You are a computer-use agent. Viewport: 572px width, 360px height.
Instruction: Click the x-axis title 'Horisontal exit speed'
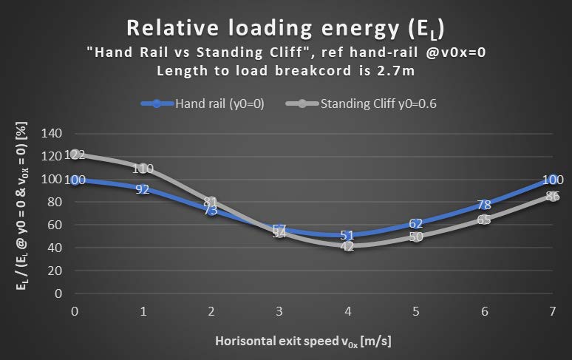[x=303, y=341]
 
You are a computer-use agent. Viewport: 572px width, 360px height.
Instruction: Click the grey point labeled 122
[x=75, y=154]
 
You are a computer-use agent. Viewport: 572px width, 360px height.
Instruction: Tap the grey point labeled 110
[x=143, y=168]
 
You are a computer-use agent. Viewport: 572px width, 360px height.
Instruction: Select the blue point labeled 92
[x=143, y=189]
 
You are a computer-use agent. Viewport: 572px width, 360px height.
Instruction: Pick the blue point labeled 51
[x=347, y=235]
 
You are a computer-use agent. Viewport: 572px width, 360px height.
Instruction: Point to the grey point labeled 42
[x=347, y=245]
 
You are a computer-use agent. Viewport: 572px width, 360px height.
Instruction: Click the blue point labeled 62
[x=415, y=223]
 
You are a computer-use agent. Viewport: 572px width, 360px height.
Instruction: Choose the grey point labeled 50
[x=415, y=237]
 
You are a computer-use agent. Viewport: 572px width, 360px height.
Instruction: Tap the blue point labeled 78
[x=483, y=204]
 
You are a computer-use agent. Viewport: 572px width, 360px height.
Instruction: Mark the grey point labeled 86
[x=551, y=195]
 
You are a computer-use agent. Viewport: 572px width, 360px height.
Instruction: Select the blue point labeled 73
[x=211, y=210]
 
